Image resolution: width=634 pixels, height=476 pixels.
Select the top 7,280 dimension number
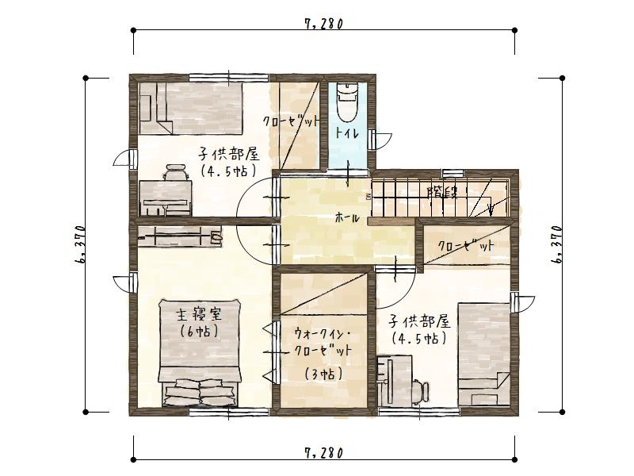pos(323,24)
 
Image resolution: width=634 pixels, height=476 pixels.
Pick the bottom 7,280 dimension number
pos(323,453)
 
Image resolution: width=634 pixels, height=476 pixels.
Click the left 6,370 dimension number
pos(81,244)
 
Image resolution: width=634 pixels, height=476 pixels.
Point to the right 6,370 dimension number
pos(558,244)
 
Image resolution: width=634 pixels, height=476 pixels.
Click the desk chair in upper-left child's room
pos(177,172)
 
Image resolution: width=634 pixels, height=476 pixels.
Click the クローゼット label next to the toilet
pos(292,121)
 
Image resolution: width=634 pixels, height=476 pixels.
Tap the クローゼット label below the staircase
pos(466,247)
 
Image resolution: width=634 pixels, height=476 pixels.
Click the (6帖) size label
pos(199,331)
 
